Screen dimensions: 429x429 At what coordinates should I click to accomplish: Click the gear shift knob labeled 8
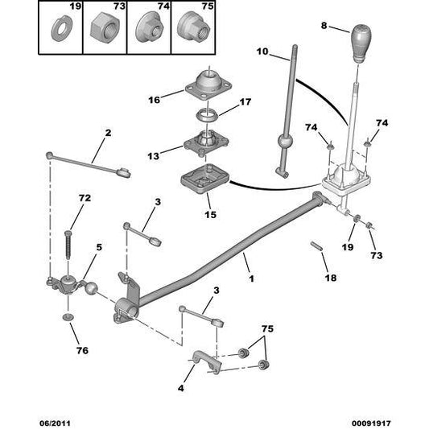point(361,43)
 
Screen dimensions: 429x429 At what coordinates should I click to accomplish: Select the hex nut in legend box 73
point(104,29)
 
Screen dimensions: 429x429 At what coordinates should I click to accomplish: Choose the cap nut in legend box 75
point(193,27)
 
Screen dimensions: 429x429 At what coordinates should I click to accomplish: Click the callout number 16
point(154,100)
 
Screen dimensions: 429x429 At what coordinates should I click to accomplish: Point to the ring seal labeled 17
point(207,115)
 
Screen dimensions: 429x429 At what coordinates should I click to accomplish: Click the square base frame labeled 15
point(205,179)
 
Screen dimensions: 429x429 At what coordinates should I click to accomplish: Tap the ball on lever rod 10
point(285,142)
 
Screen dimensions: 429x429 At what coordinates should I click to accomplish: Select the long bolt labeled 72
point(68,245)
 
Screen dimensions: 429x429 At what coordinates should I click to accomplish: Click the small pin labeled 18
point(316,245)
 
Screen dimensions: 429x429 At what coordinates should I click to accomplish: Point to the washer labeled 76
point(68,317)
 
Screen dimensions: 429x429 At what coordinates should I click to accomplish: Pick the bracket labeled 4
point(207,361)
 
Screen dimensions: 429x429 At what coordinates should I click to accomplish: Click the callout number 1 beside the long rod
point(251,278)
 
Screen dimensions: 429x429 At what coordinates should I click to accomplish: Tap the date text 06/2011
point(55,423)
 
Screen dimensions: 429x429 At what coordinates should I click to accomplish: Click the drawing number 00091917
point(371,423)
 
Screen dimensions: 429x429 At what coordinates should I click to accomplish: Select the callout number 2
point(108,133)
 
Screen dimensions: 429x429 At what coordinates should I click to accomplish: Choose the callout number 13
point(153,156)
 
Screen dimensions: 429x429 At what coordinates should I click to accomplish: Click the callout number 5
point(99,247)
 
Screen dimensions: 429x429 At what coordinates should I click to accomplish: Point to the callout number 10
point(262,52)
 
